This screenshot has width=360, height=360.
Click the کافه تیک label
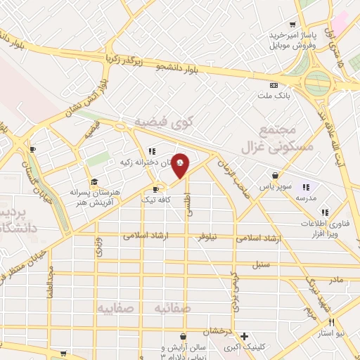(157, 200)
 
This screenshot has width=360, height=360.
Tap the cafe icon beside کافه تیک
(157, 189)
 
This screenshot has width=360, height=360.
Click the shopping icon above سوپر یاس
(274, 176)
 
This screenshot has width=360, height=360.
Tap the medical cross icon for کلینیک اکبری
(244, 336)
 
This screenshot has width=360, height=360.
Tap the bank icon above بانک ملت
(273, 85)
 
